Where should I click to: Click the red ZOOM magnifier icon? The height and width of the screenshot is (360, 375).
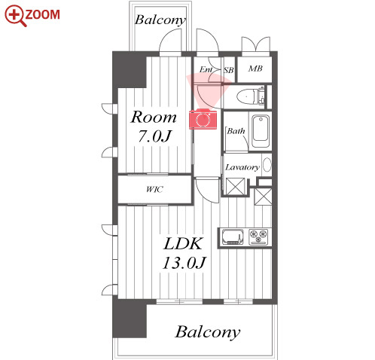[16, 16]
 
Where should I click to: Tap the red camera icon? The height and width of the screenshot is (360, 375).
[203, 119]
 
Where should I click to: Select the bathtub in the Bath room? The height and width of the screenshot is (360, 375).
[261, 131]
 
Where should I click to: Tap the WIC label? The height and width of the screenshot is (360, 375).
[154, 189]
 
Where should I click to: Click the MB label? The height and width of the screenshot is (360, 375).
[255, 69]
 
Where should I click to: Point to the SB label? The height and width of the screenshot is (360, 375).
[229, 70]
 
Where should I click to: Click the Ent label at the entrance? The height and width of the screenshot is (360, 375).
[206, 69]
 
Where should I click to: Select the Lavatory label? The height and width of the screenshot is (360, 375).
[242, 167]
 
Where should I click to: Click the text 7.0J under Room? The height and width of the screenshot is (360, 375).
[154, 136]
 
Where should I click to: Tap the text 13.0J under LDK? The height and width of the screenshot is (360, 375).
[184, 263]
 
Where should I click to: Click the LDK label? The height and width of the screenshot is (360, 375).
[183, 243]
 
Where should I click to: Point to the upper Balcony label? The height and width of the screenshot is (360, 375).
[160, 20]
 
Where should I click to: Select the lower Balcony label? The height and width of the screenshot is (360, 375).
[208, 332]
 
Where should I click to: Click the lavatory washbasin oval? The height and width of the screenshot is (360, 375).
[267, 165]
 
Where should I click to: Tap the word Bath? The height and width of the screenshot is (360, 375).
[236, 131]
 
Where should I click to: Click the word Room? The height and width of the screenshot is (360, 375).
[154, 117]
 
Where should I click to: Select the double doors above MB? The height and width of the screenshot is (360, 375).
[256, 45]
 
